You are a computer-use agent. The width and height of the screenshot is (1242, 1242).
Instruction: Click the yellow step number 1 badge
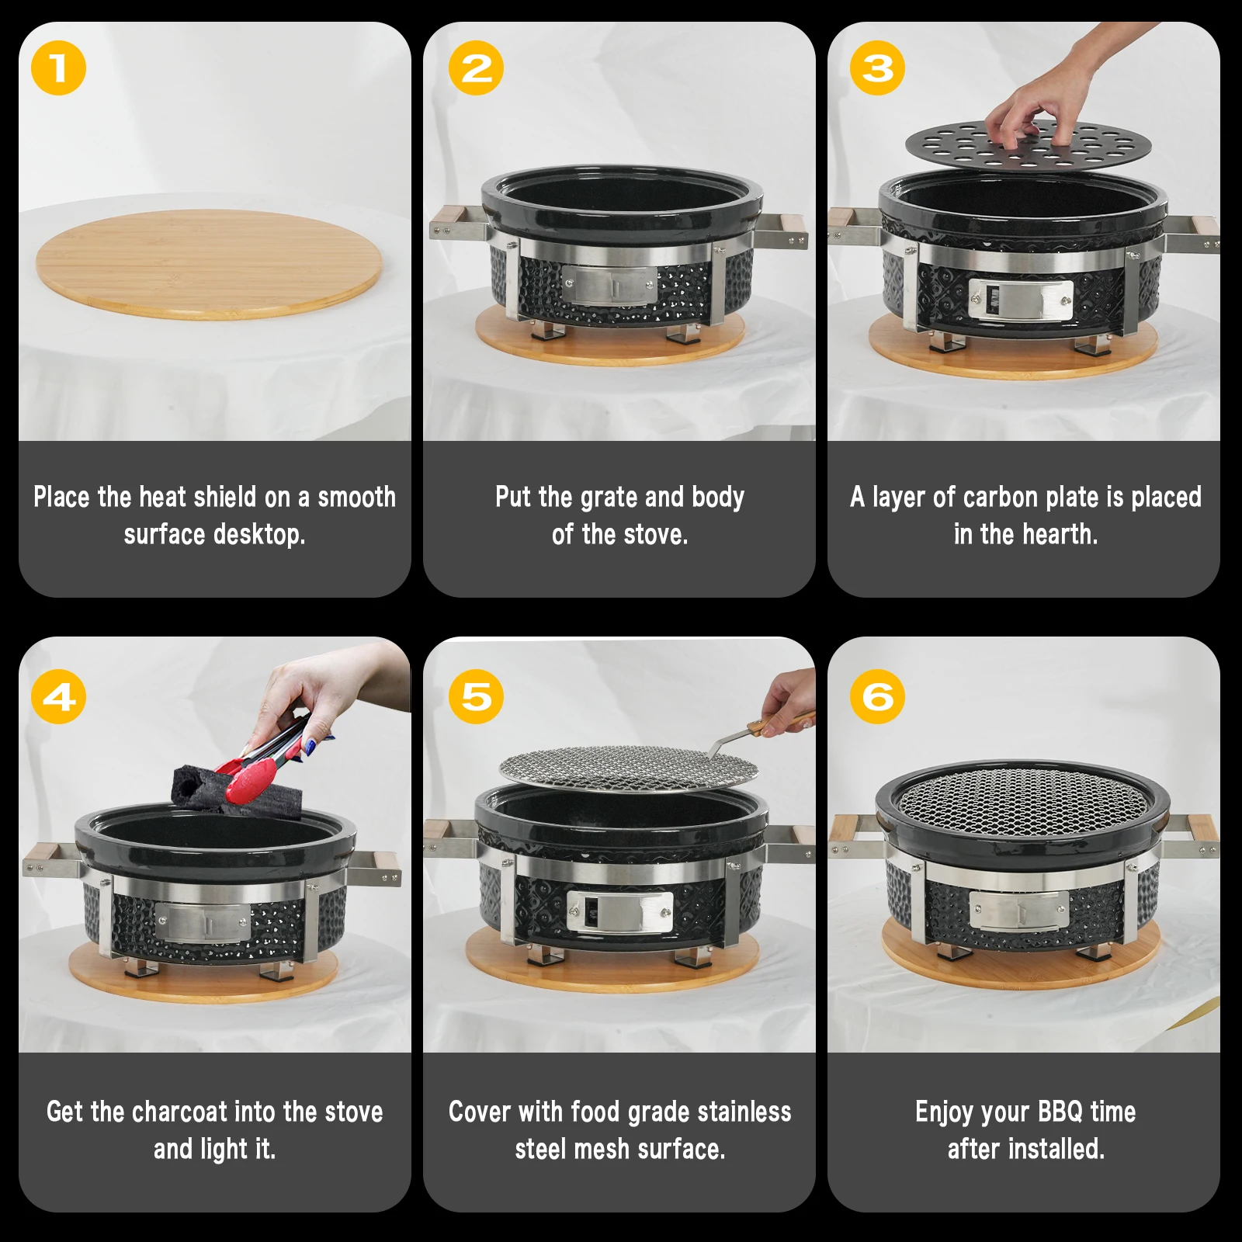coord(58,68)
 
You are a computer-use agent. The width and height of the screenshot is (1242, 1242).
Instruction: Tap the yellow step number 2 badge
coord(476,68)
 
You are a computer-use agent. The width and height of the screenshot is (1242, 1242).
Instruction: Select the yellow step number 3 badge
coord(877,68)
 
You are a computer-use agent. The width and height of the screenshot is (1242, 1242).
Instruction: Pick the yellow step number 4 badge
coord(58,697)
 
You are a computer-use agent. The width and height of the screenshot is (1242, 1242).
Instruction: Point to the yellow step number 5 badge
coord(476,697)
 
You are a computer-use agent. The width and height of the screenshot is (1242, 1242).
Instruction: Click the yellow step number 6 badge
coord(877,697)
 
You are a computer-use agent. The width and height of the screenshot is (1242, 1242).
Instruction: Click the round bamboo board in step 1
coord(210,264)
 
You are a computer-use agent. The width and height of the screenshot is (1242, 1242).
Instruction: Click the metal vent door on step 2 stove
coord(609,286)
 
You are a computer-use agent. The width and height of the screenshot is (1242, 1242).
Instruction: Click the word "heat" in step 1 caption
coord(165,497)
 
